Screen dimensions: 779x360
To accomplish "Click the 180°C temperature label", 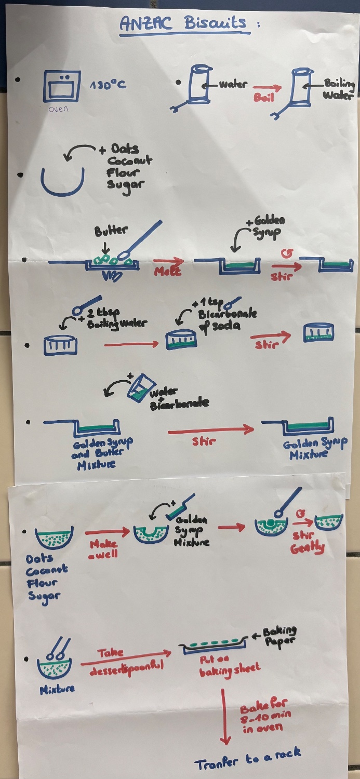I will tap(108, 84).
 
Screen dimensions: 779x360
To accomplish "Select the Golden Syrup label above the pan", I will tap(268, 226).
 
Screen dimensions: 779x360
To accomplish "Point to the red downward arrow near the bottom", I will tap(225, 719).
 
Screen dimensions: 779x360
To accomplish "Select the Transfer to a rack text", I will tap(248, 759).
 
